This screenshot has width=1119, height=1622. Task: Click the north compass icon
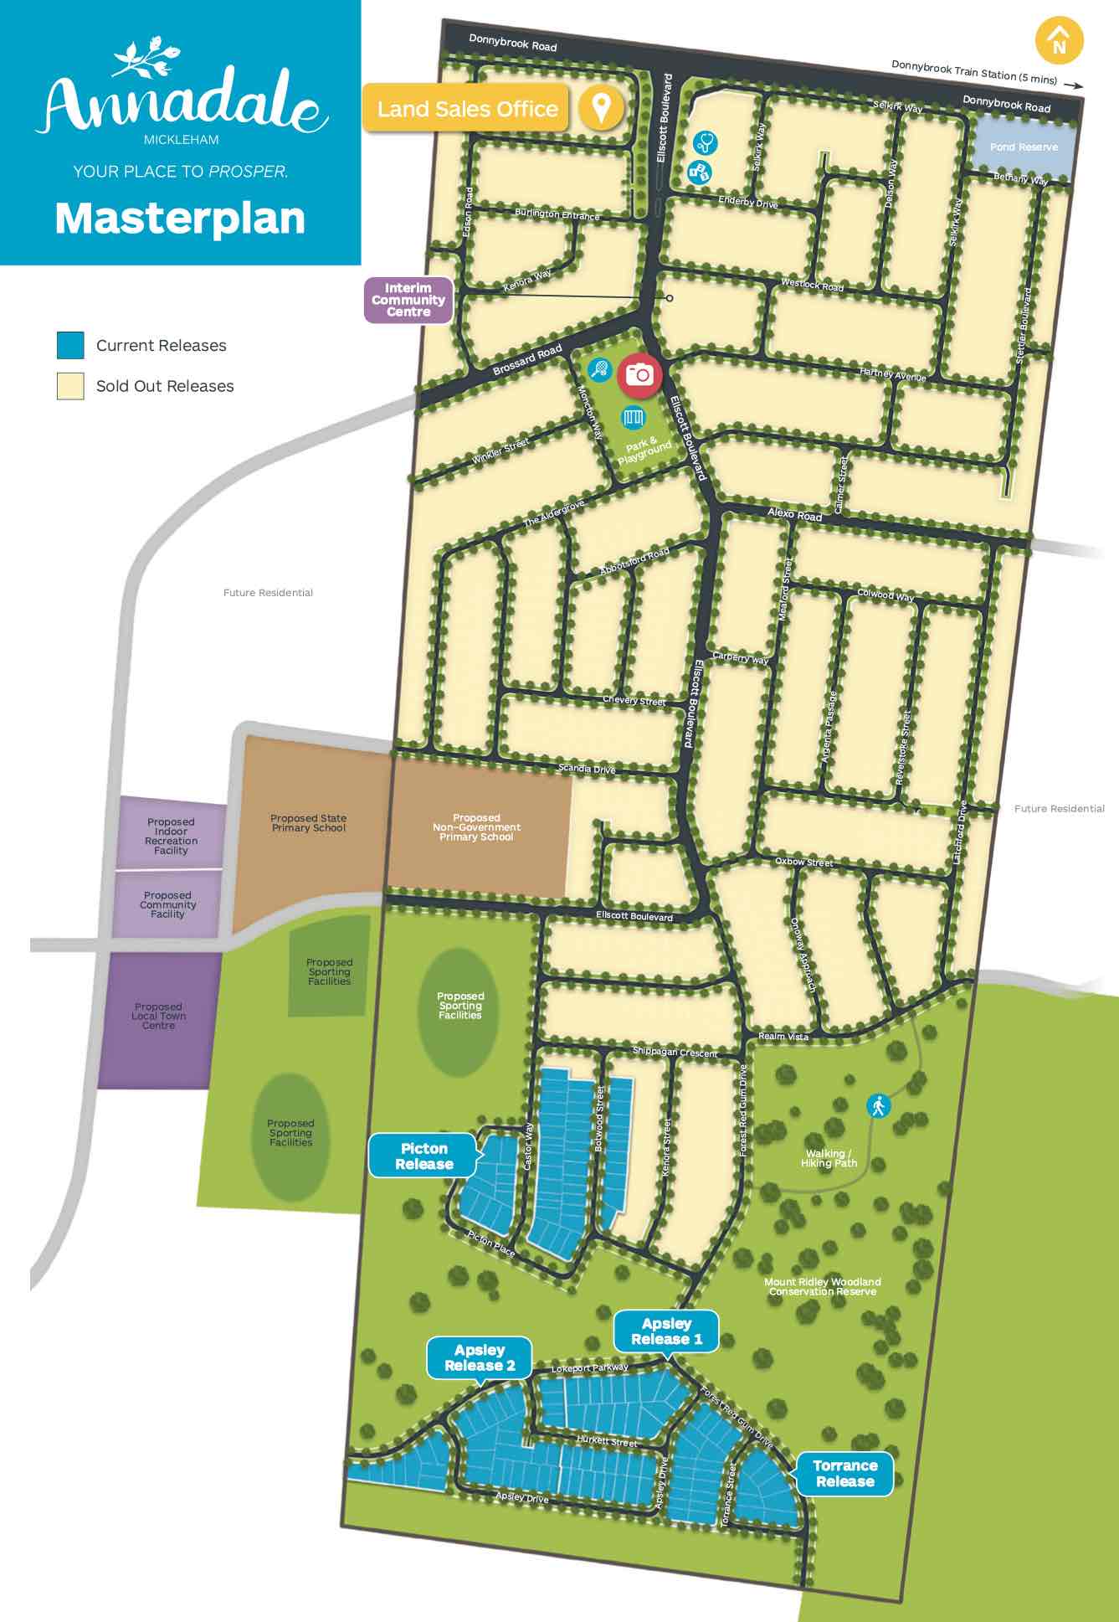click(1059, 41)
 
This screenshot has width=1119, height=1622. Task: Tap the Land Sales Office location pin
click(600, 107)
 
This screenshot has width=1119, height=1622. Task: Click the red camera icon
click(639, 374)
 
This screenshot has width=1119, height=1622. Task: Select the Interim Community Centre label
click(408, 300)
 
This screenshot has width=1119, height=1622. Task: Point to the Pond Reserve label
click(1024, 147)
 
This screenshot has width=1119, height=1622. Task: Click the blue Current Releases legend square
click(70, 345)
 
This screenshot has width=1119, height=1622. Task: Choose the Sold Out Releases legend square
click(70, 386)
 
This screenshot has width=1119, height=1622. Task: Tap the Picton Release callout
click(423, 1156)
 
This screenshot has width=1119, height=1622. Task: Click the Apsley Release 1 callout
click(666, 1331)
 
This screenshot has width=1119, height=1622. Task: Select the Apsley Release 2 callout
click(480, 1357)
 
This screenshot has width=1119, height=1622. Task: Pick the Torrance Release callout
click(844, 1474)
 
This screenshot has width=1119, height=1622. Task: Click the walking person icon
click(878, 1106)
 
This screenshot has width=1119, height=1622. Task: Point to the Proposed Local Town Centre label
click(158, 1016)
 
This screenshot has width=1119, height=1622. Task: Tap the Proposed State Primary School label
click(308, 823)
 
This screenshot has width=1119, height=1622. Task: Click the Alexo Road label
click(794, 514)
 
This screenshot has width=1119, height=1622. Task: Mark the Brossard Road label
click(527, 360)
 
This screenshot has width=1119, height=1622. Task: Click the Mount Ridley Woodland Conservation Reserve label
click(822, 1287)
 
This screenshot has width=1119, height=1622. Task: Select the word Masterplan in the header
click(180, 219)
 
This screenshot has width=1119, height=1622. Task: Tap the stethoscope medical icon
click(705, 142)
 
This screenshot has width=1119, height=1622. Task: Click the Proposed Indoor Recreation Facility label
click(171, 837)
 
